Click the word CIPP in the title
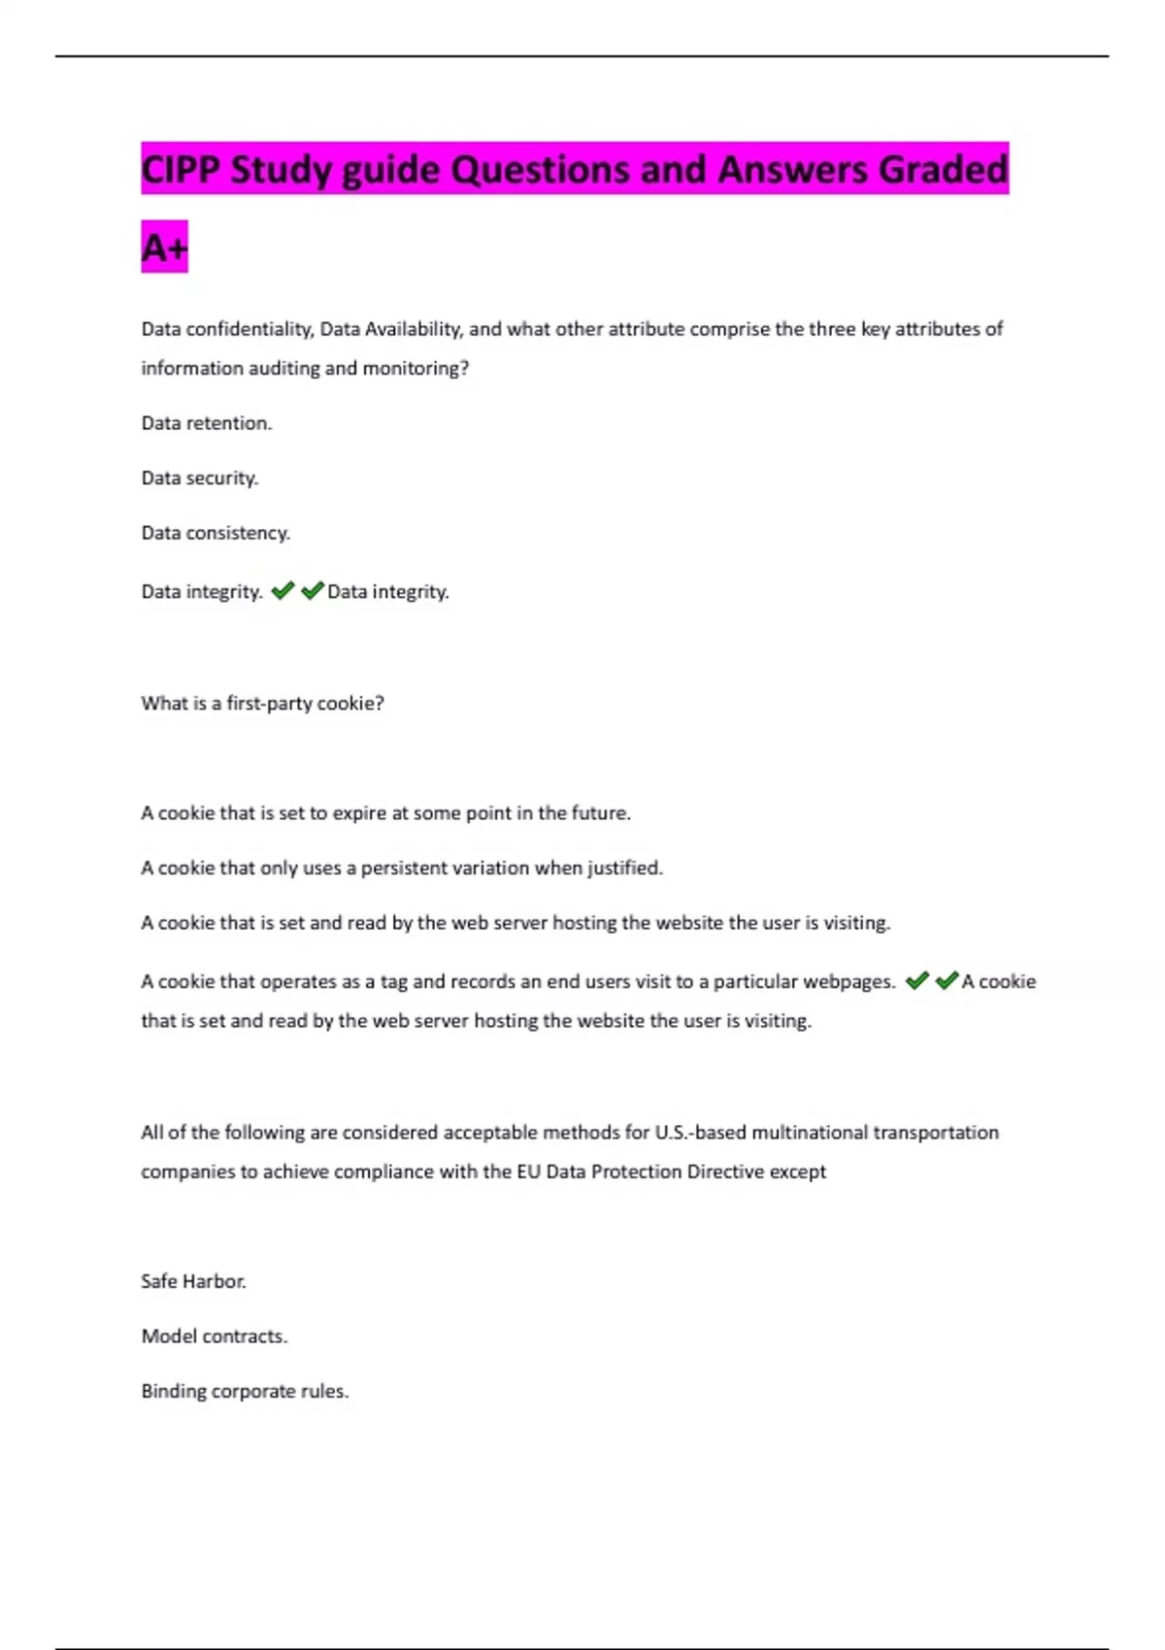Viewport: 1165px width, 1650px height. [x=182, y=170]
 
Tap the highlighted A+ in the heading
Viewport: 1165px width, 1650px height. [x=164, y=248]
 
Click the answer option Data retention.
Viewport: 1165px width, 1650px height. [x=206, y=423]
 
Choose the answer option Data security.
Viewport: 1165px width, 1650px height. [x=199, y=478]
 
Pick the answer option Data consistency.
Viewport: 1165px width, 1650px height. [x=215, y=533]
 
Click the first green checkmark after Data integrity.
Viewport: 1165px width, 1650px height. [x=283, y=590]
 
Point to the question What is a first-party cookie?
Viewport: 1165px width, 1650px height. [x=262, y=704]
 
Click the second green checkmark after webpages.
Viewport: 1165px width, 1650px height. [x=947, y=980]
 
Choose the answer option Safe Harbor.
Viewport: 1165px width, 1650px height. [x=193, y=1281]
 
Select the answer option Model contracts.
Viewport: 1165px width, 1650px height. [x=214, y=1336]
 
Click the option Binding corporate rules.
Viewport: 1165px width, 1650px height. [x=245, y=1391]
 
